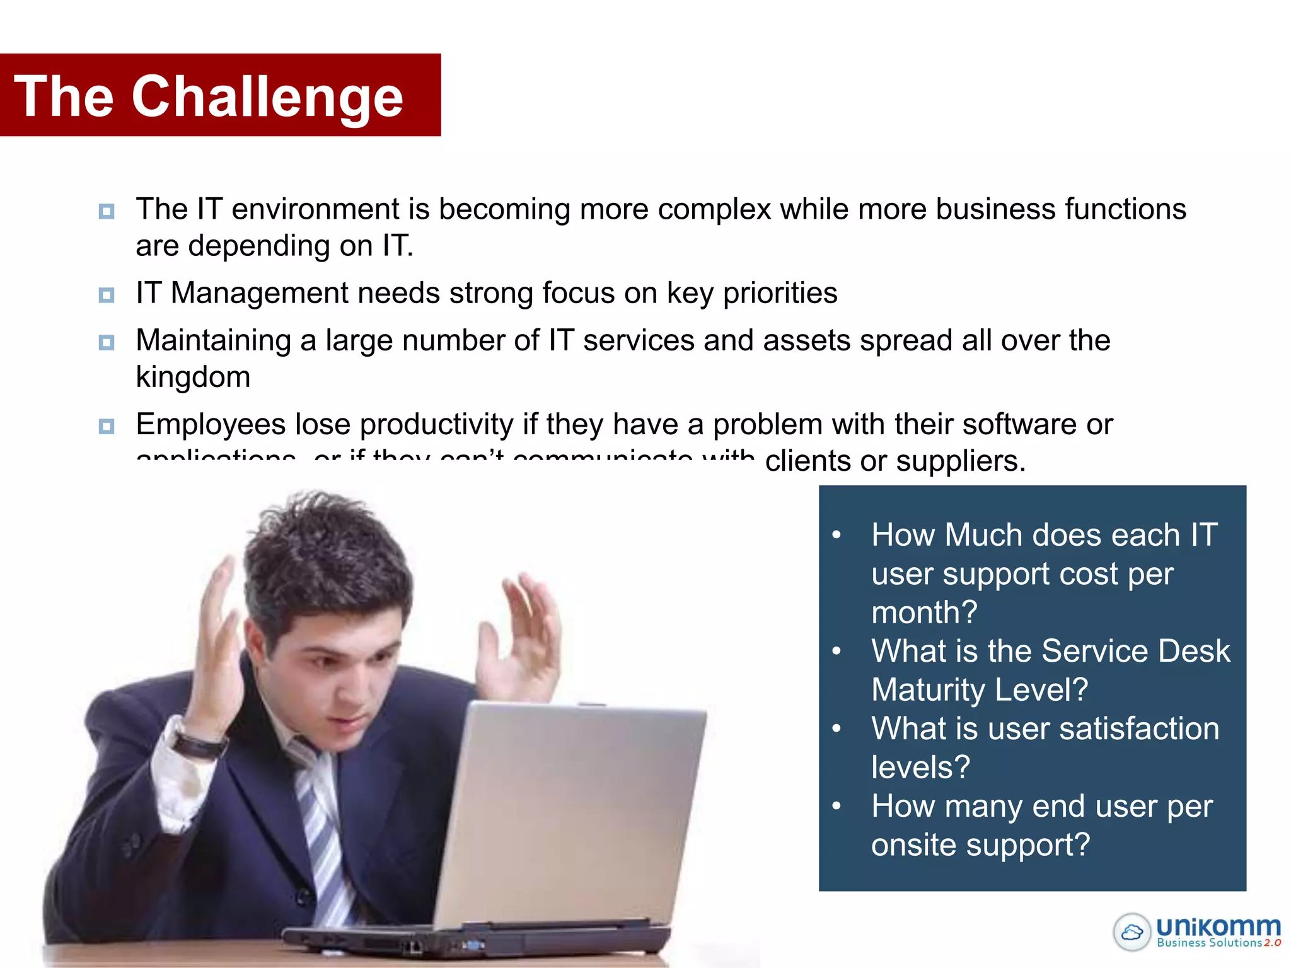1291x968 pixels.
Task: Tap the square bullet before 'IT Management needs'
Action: coord(107,295)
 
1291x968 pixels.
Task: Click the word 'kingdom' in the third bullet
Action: coord(193,377)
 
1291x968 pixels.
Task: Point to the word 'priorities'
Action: coord(780,293)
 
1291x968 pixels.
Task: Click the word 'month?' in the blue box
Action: coord(924,612)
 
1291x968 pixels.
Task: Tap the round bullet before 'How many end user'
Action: coord(837,806)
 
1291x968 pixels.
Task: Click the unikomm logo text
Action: coord(1218,926)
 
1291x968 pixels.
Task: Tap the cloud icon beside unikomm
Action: coord(1132,931)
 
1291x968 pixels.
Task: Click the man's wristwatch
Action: coord(199,744)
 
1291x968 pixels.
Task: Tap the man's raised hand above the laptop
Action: coord(523,637)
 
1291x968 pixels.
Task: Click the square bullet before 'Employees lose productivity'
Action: coord(107,427)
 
